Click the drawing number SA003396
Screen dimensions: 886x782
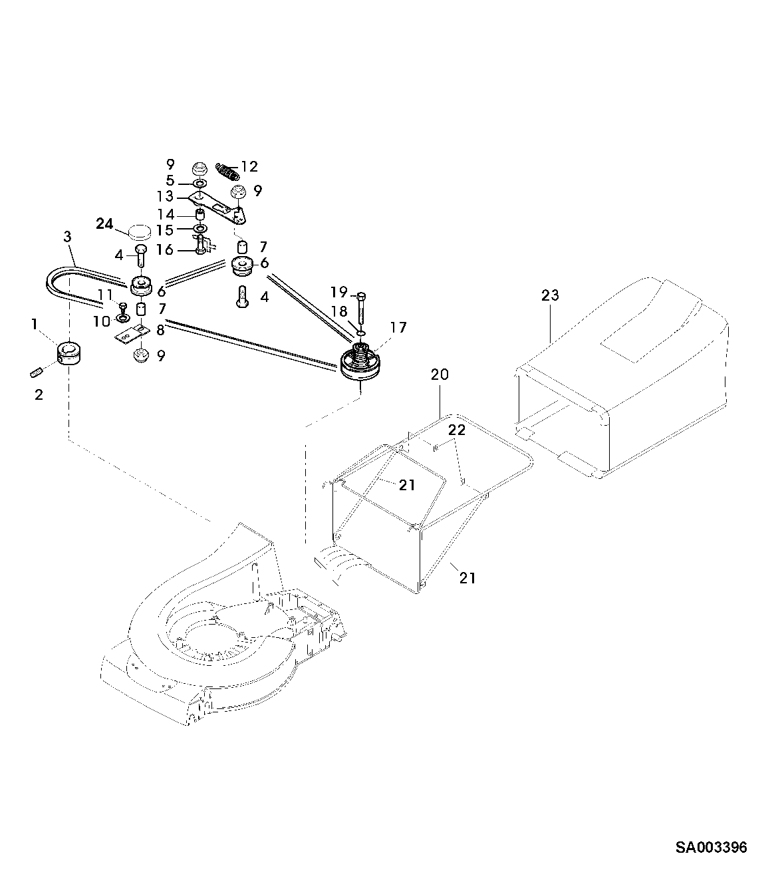point(711,847)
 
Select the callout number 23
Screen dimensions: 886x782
point(550,295)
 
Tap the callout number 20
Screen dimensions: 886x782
point(440,374)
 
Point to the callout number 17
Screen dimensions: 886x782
point(398,327)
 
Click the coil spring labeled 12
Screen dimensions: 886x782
point(228,171)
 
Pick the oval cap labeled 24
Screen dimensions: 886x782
point(139,232)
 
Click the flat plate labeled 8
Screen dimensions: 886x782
point(130,335)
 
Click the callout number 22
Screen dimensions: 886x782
point(456,430)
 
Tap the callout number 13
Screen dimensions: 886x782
point(165,197)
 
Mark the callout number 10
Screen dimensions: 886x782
point(102,322)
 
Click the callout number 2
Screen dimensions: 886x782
point(39,395)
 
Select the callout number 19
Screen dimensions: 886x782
point(339,291)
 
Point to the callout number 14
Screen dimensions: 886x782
point(166,214)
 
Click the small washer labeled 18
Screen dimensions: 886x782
point(360,331)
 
